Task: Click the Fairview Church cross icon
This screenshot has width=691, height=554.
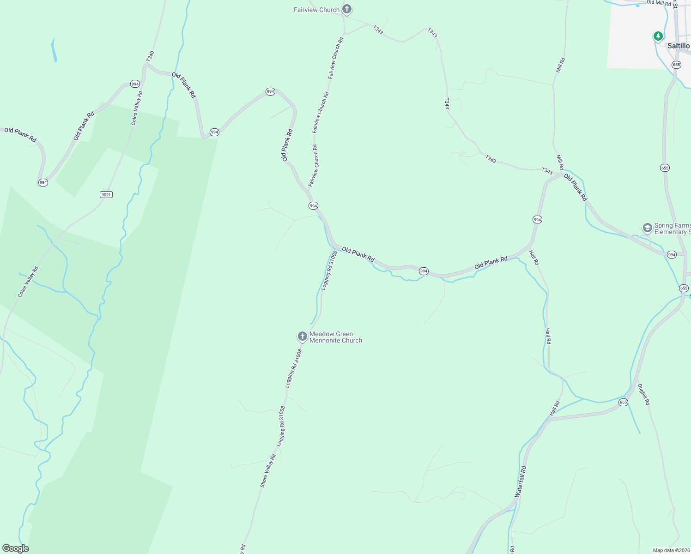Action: tap(347, 9)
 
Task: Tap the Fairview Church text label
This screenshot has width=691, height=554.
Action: tap(316, 10)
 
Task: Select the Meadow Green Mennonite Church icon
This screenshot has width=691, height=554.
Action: tap(302, 337)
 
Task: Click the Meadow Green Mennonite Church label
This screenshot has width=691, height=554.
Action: tap(335, 337)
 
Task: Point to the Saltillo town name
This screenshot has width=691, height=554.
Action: tap(678, 46)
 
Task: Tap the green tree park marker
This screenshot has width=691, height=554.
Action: tap(658, 36)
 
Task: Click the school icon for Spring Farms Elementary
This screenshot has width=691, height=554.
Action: tap(647, 228)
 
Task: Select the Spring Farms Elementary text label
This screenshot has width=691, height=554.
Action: tap(672, 229)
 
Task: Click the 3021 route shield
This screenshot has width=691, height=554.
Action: tap(106, 194)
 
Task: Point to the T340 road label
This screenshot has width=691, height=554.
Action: tap(150, 56)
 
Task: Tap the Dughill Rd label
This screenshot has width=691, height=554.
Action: tap(644, 395)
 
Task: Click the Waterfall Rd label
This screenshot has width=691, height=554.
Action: tap(521, 482)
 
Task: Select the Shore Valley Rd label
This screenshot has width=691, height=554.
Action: tap(268, 470)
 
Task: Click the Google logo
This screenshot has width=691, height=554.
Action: tap(15, 548)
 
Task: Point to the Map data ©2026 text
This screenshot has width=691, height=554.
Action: tap(671, 550)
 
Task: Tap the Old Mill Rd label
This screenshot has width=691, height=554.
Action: tap(658, 2)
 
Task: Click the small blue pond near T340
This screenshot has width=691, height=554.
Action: tap(54, 50)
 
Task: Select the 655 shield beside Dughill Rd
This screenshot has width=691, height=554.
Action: tap(623, 402)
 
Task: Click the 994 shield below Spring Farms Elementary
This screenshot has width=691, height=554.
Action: tap(672, 254)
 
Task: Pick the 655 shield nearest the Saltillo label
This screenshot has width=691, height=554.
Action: tap(676, 65)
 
